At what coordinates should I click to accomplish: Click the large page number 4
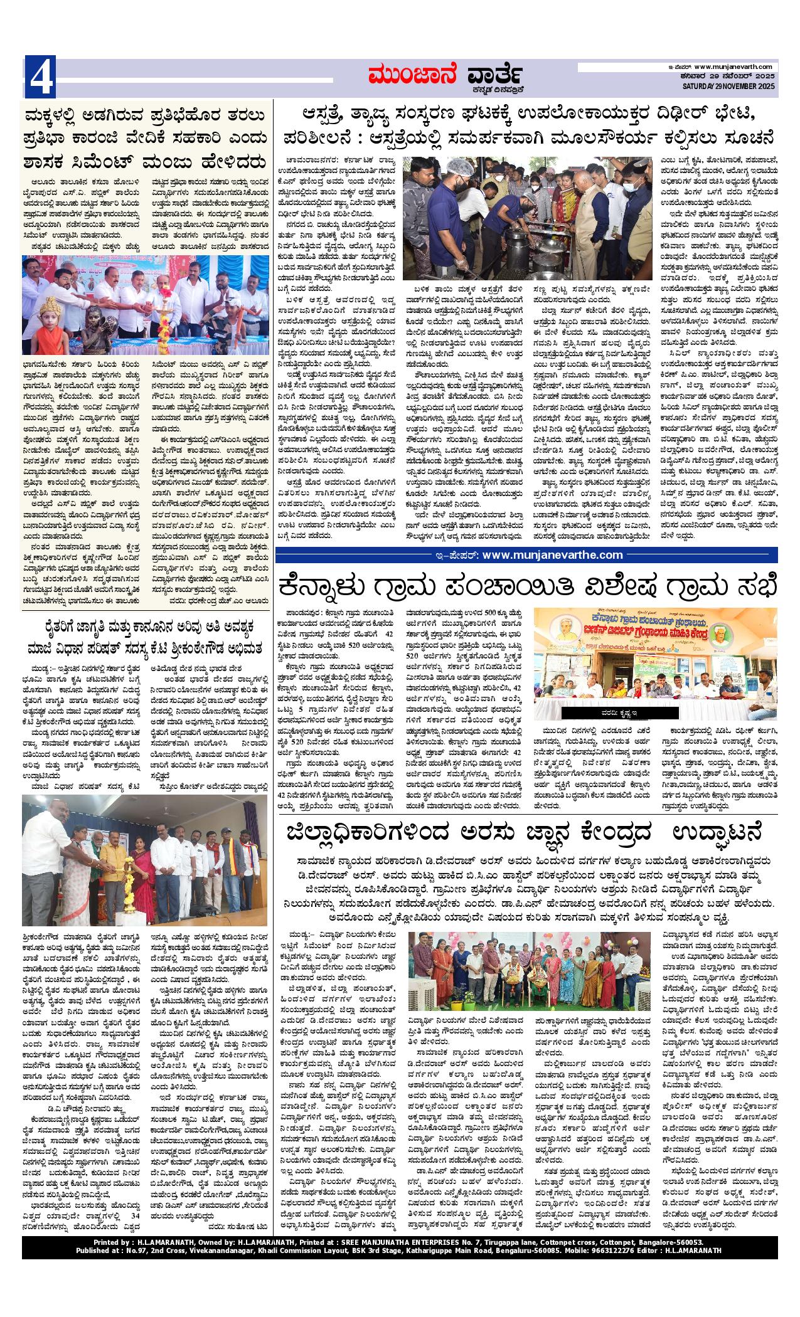point(40,77)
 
